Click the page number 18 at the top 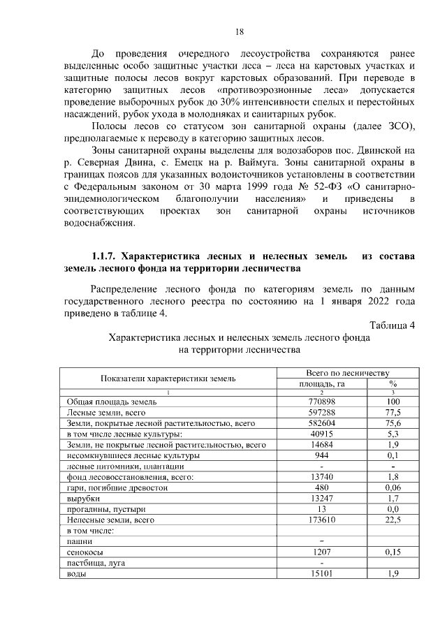point(239,32)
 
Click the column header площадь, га point(322,383)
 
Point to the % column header point(393,383)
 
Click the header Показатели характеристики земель point(168,378)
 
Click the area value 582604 point(322,424)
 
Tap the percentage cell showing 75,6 point(393,424)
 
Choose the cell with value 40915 point(322,434)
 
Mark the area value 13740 point(322,477)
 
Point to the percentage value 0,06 point(393,487)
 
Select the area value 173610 point(322,520)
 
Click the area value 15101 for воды point(322,573)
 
